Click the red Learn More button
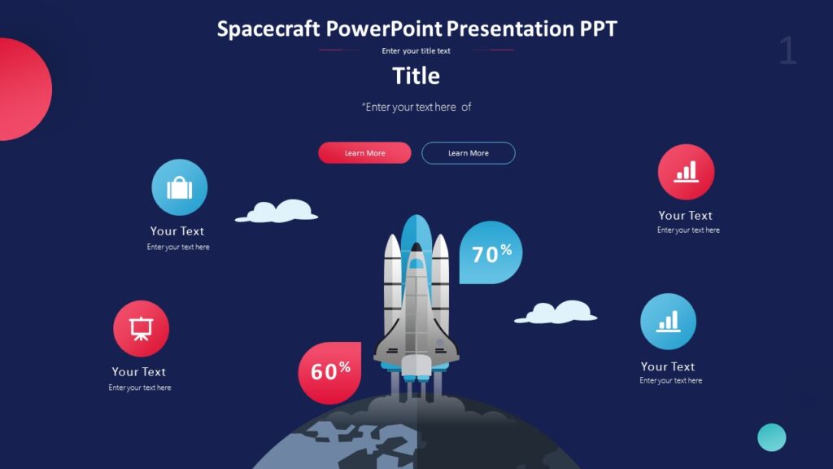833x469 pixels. (x=364, y=153)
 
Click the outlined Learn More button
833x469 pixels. (x=468, y=153)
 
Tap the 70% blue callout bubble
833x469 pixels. (x=491, y=253)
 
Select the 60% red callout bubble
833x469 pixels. (x=329, y=372)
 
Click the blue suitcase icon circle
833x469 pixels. (x=179, y=188)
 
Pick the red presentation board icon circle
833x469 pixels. (x=141, y=329)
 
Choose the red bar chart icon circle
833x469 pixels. (x=686, y=172)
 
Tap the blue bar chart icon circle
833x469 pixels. (x=668, y=322)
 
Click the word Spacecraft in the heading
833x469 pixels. (x=268, y=29)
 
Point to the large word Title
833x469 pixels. (x=416, y=76)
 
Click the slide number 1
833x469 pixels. (x=787, y=50)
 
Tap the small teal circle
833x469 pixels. (x=771, y=437)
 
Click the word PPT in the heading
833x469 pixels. (x=598, y=29)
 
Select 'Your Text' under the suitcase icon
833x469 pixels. (x=177, y=231)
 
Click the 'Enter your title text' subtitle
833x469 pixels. (x=416, y=50)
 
